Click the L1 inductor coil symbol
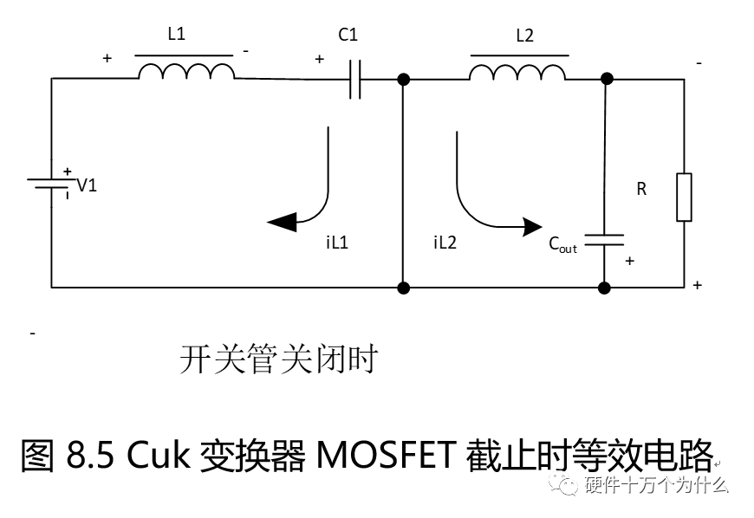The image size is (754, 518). click(x=185, y=72)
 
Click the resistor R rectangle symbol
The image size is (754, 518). click(x=684, y=197)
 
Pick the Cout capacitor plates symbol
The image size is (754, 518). click(x=604, y=238)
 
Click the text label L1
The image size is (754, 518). click(x=176, y=35)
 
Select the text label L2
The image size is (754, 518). click(x=524, y=36)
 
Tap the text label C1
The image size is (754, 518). click(x=348, y=36)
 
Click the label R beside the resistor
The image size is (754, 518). click(x=641, y=189)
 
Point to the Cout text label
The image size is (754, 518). click(x=562, y=244)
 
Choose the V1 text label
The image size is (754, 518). click(x=88, y=185)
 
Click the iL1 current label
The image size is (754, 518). click(x=337, y=243)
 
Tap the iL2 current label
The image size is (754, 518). click(x=445, y=243)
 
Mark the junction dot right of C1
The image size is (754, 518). click(x=403, y=79)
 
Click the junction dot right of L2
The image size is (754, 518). click(x=607, y=79)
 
